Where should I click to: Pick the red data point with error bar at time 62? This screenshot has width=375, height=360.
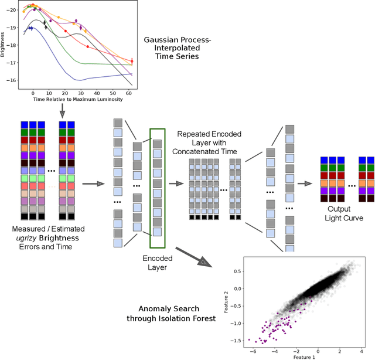click(x=132, y=61)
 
